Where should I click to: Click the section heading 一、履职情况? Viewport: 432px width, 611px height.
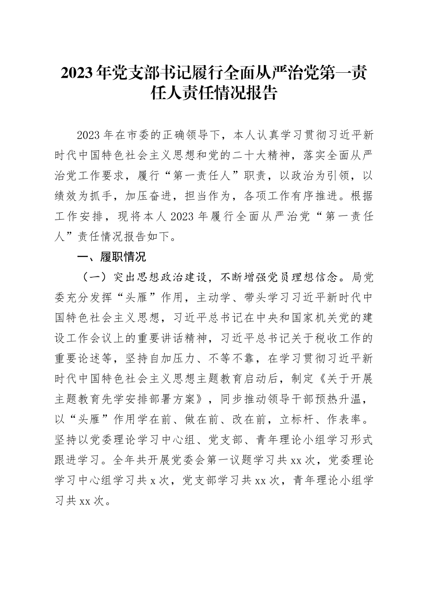click(112, 257)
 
